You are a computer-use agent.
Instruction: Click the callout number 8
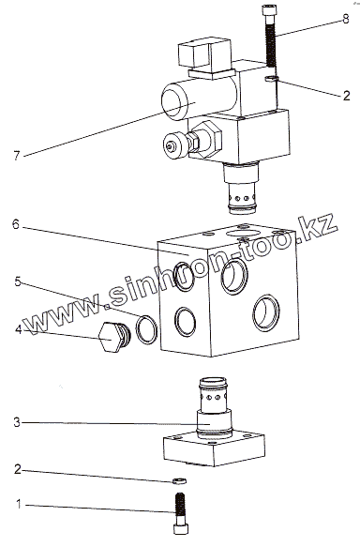[345, 19]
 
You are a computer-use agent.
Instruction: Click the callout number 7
[17, 155]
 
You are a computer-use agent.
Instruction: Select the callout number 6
[16, 224]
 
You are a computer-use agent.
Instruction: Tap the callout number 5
[18, 281]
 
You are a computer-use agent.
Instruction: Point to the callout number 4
[18, 329]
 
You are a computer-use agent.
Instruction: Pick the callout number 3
[17, 422]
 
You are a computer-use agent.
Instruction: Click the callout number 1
[19, 504]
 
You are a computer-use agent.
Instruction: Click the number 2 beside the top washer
[346, 96]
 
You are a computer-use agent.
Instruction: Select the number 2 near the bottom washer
[18, 469]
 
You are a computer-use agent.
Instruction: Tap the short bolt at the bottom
[181, 513]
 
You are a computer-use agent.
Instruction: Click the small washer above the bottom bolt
[179, 481]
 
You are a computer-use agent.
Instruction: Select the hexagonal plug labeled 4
[113, 338]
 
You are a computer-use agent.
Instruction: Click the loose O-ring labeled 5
[146, 329]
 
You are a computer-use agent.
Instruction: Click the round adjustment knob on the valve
[176, 146]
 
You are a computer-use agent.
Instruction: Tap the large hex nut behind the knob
[209, 140]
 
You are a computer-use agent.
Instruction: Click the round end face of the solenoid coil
[175, 103]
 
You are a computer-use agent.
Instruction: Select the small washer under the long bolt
[271, 79]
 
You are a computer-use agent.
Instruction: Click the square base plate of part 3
[214, 448]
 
